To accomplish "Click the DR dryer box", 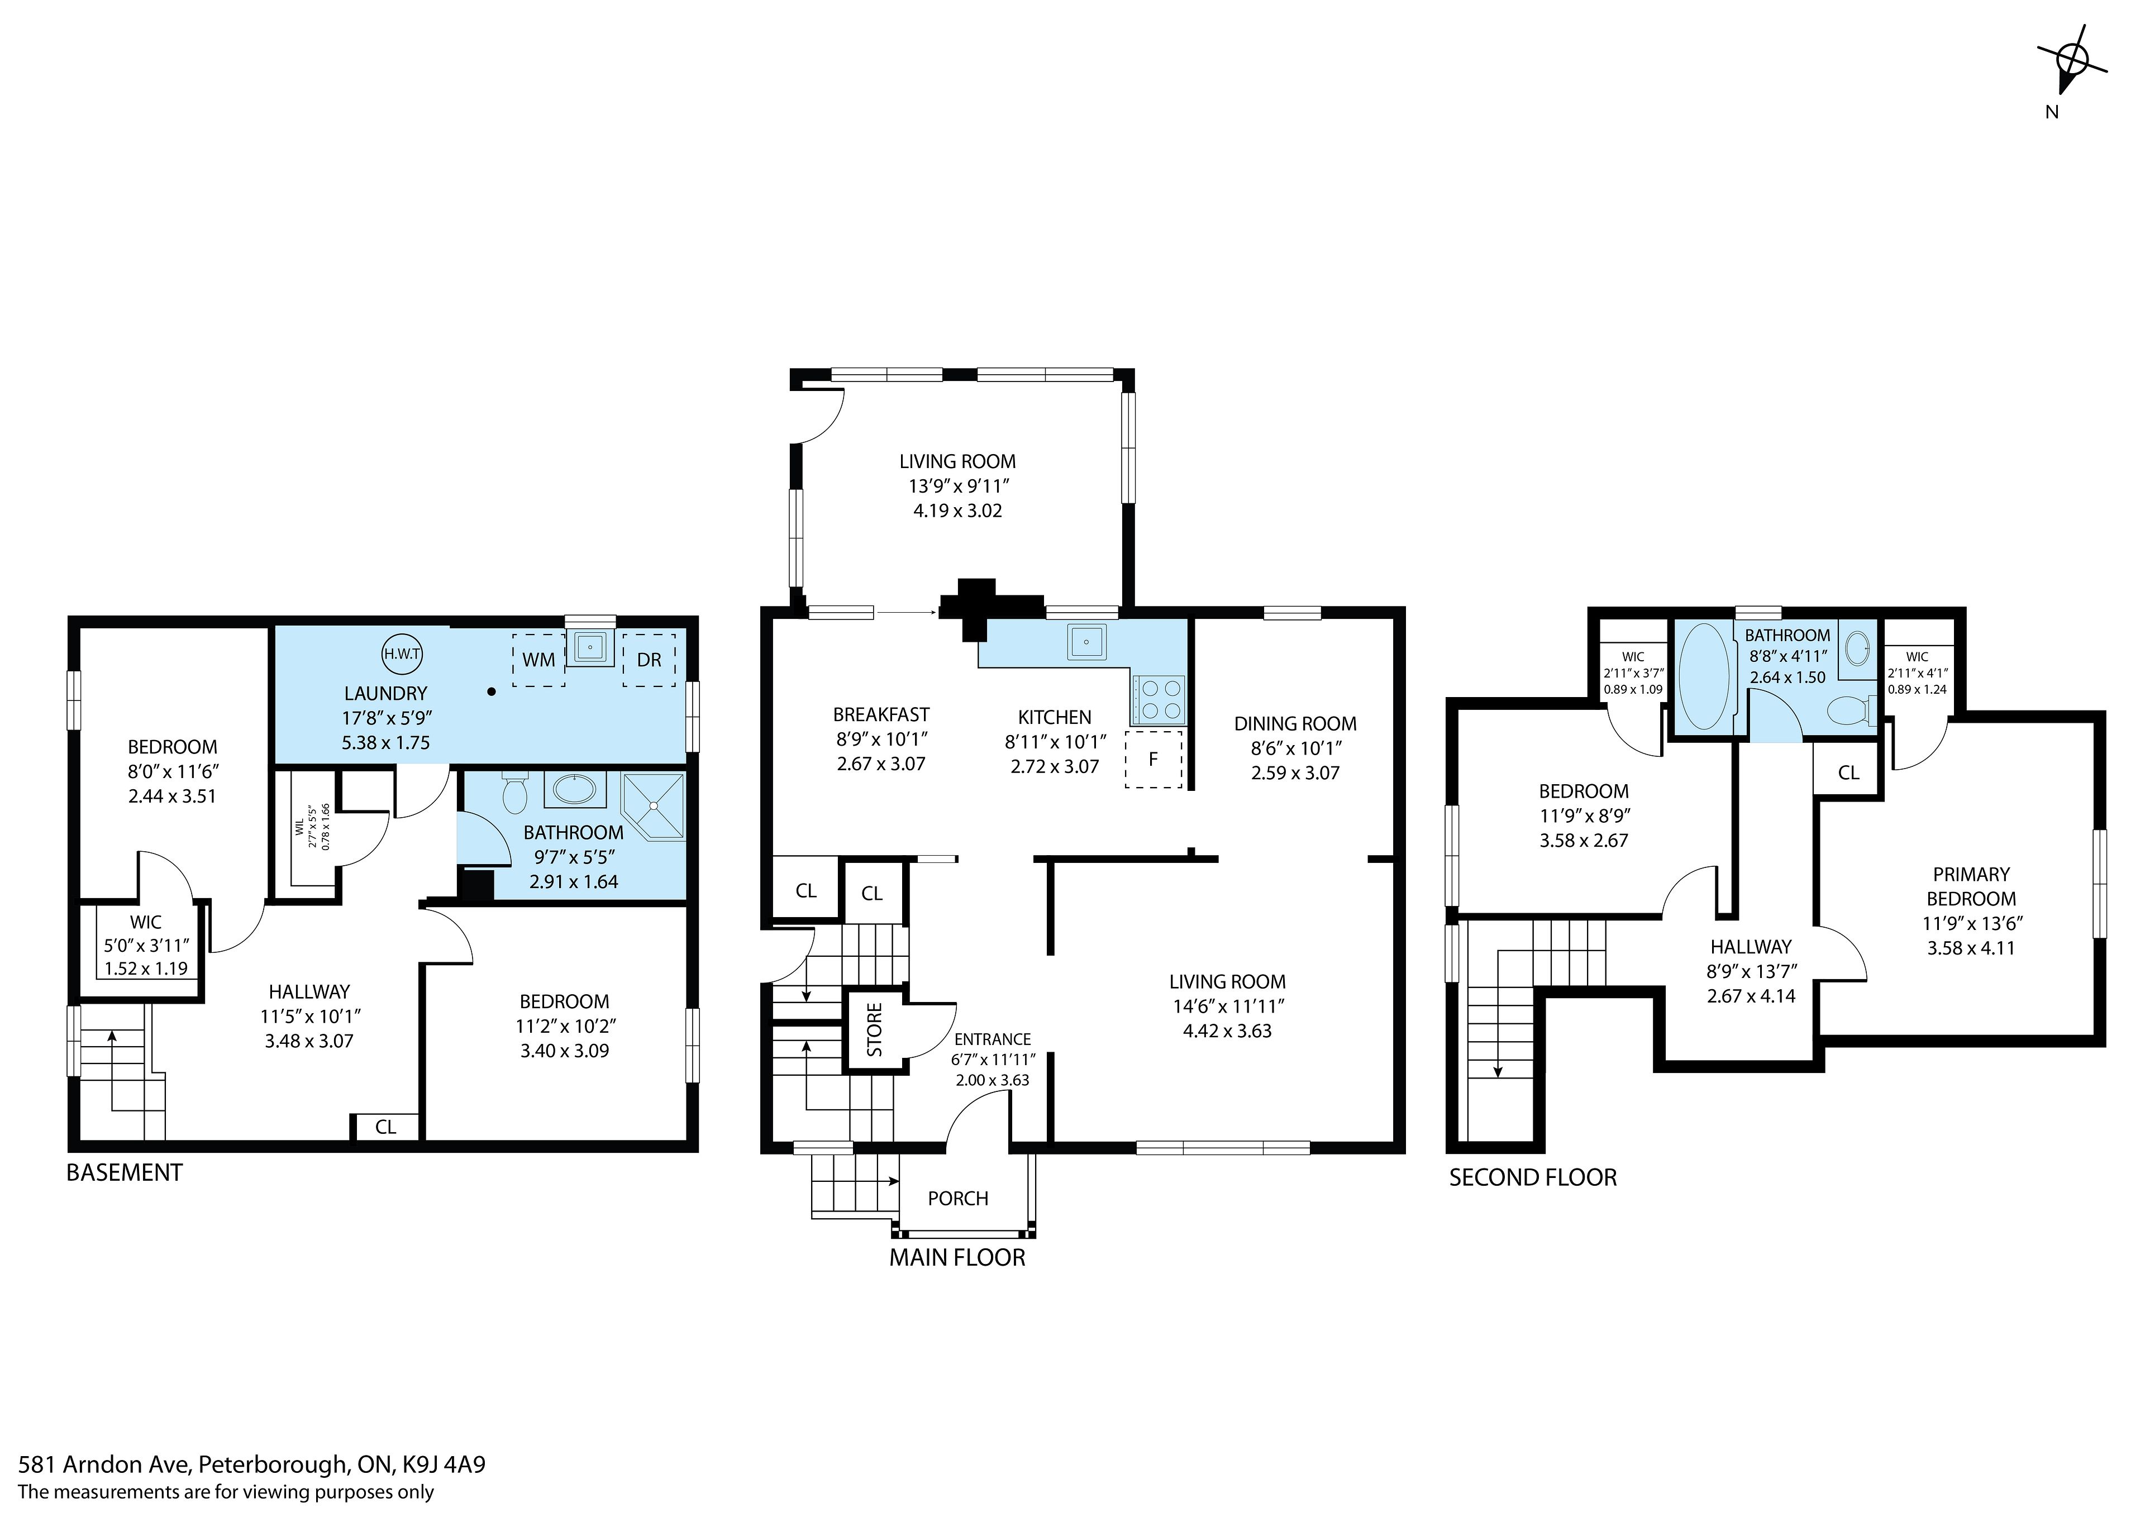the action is (649, 660).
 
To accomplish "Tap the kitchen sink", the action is (1086, 641).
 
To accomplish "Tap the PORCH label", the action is (957, 1199).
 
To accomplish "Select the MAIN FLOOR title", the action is (957, 1257).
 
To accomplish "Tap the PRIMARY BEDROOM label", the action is (1971, 886).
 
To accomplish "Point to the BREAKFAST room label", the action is (881, 714).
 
